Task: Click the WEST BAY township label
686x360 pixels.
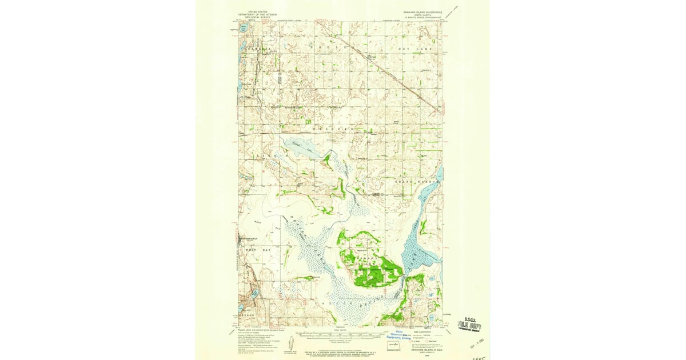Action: (252, 250)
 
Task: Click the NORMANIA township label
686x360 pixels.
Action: (256, 50)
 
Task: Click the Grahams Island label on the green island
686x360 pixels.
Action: (366, 259)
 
